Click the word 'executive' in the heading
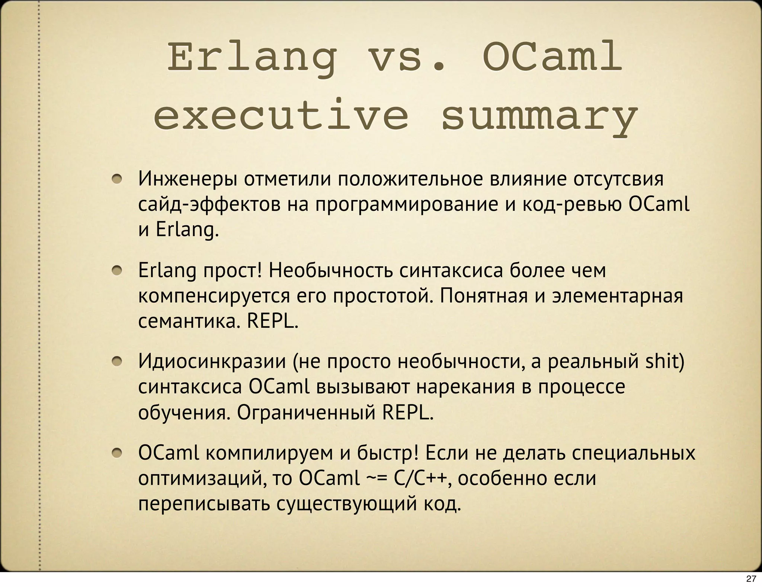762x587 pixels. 281,115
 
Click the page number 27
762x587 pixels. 751,578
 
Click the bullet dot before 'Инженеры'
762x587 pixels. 118,180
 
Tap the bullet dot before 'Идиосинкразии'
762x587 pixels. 118,362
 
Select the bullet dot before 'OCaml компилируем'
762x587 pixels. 118,453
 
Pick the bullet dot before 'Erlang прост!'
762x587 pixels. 118,271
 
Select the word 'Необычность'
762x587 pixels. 330,271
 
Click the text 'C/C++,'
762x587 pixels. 423,479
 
